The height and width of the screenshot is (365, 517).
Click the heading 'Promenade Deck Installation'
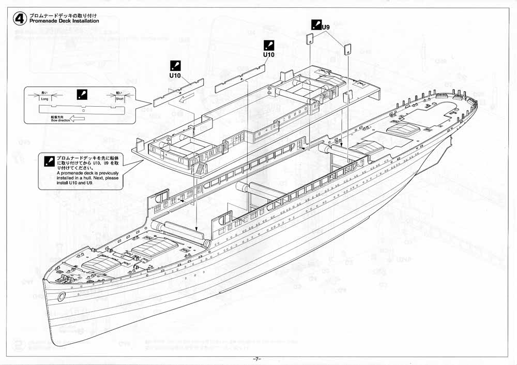tap(64, 22)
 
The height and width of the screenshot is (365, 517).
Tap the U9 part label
tap(326, 26)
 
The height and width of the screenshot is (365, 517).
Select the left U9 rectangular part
tap(310, 39)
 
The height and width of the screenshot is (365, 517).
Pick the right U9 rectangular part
tap(347, 49)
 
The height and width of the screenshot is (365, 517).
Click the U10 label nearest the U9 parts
tap(268, 54)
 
